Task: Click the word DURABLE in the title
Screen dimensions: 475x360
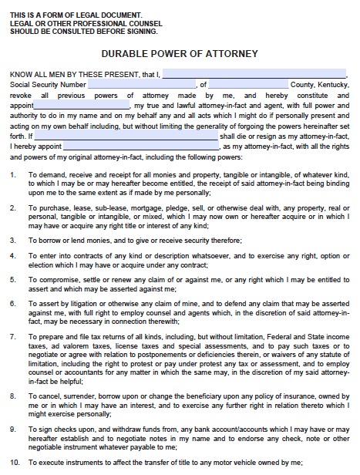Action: [126, 54]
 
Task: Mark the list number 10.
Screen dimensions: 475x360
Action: [15, 461]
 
